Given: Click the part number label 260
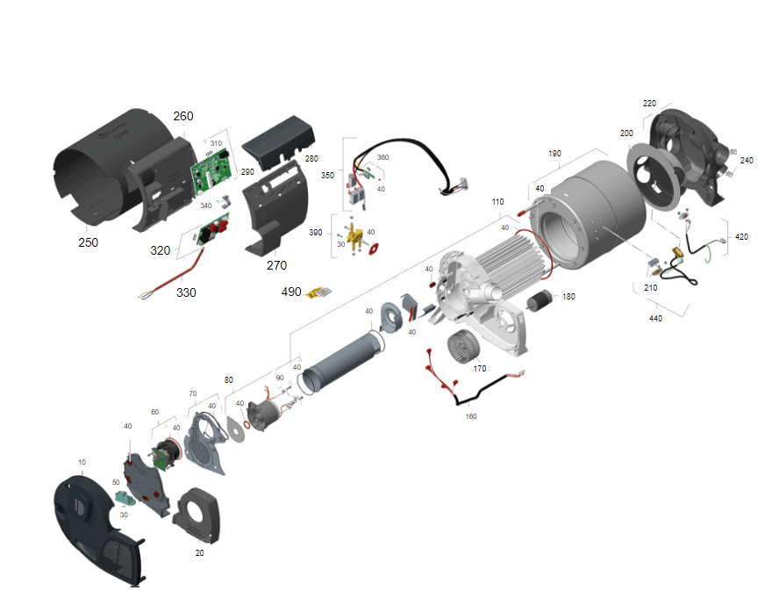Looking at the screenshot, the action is tap(183, 116).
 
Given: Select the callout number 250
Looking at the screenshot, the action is tap(88, 242).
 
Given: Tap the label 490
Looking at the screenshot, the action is tap(291, 292).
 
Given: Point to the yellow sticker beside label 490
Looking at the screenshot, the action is tap(319, 292).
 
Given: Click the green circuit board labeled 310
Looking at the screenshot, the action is tap(211, 170).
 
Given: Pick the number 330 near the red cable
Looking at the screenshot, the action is tap(186, 292).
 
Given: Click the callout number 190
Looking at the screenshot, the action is tap(554, 153).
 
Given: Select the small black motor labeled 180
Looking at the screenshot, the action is tap(540, 299).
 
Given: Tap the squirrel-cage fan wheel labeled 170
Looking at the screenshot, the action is tap(463, 346).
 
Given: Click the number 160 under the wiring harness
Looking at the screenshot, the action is tap(471, 416).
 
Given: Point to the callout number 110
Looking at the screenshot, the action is tap(497, 201).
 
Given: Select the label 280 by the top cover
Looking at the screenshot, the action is tap(311, 158).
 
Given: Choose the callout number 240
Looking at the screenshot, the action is tap(747, 160).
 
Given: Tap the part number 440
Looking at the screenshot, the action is tap(655, 318).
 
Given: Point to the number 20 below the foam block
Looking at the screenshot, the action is tap(199, 553).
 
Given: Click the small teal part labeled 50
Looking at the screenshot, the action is tap(125, 499).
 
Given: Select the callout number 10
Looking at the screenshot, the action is tap(82, 462).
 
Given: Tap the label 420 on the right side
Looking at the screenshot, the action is tap(741, 236).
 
